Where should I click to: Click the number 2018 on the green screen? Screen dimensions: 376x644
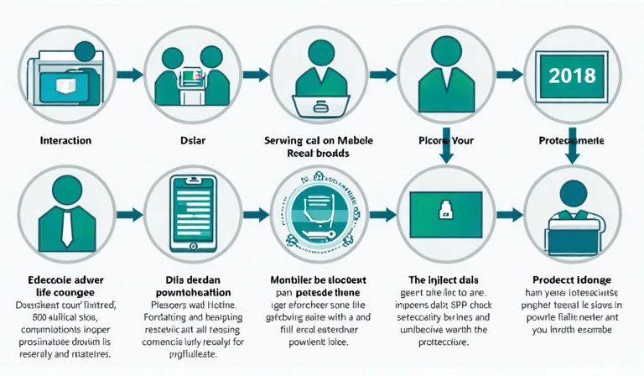tap(570, 76)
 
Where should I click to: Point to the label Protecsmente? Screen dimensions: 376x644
tap(570, 140)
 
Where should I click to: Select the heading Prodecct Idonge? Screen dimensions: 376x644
tap(570, 279)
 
